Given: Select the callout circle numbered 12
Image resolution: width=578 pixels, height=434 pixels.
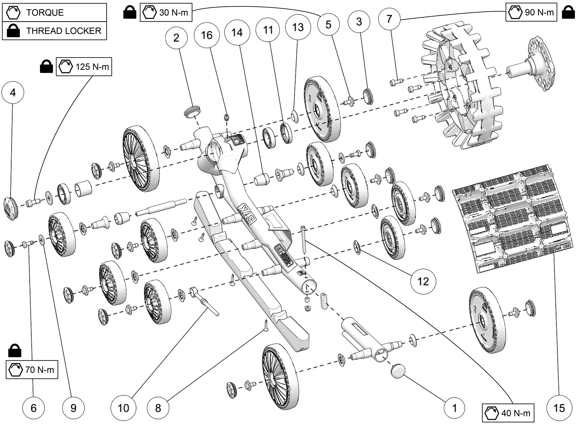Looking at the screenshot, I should coord(423,281).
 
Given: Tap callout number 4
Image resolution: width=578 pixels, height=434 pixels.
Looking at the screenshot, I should coord(13,92).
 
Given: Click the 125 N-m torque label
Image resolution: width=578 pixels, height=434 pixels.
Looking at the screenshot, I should coord(84,67).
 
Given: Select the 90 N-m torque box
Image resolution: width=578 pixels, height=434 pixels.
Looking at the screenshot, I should coord(531,12).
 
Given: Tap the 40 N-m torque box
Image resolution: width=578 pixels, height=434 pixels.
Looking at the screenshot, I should coord(508,413).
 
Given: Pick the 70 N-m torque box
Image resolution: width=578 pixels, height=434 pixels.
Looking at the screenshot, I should coord(32,370).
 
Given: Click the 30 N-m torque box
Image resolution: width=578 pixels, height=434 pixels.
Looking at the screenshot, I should coord(166,12).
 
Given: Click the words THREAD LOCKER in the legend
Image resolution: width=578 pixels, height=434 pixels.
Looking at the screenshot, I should coord(64,31).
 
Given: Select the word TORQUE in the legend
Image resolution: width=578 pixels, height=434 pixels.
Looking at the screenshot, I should coord(45,13).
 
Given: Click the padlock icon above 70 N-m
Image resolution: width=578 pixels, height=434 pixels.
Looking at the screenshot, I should coord(15,351).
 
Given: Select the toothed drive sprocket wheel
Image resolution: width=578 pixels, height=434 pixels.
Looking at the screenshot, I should coord(463,89).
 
